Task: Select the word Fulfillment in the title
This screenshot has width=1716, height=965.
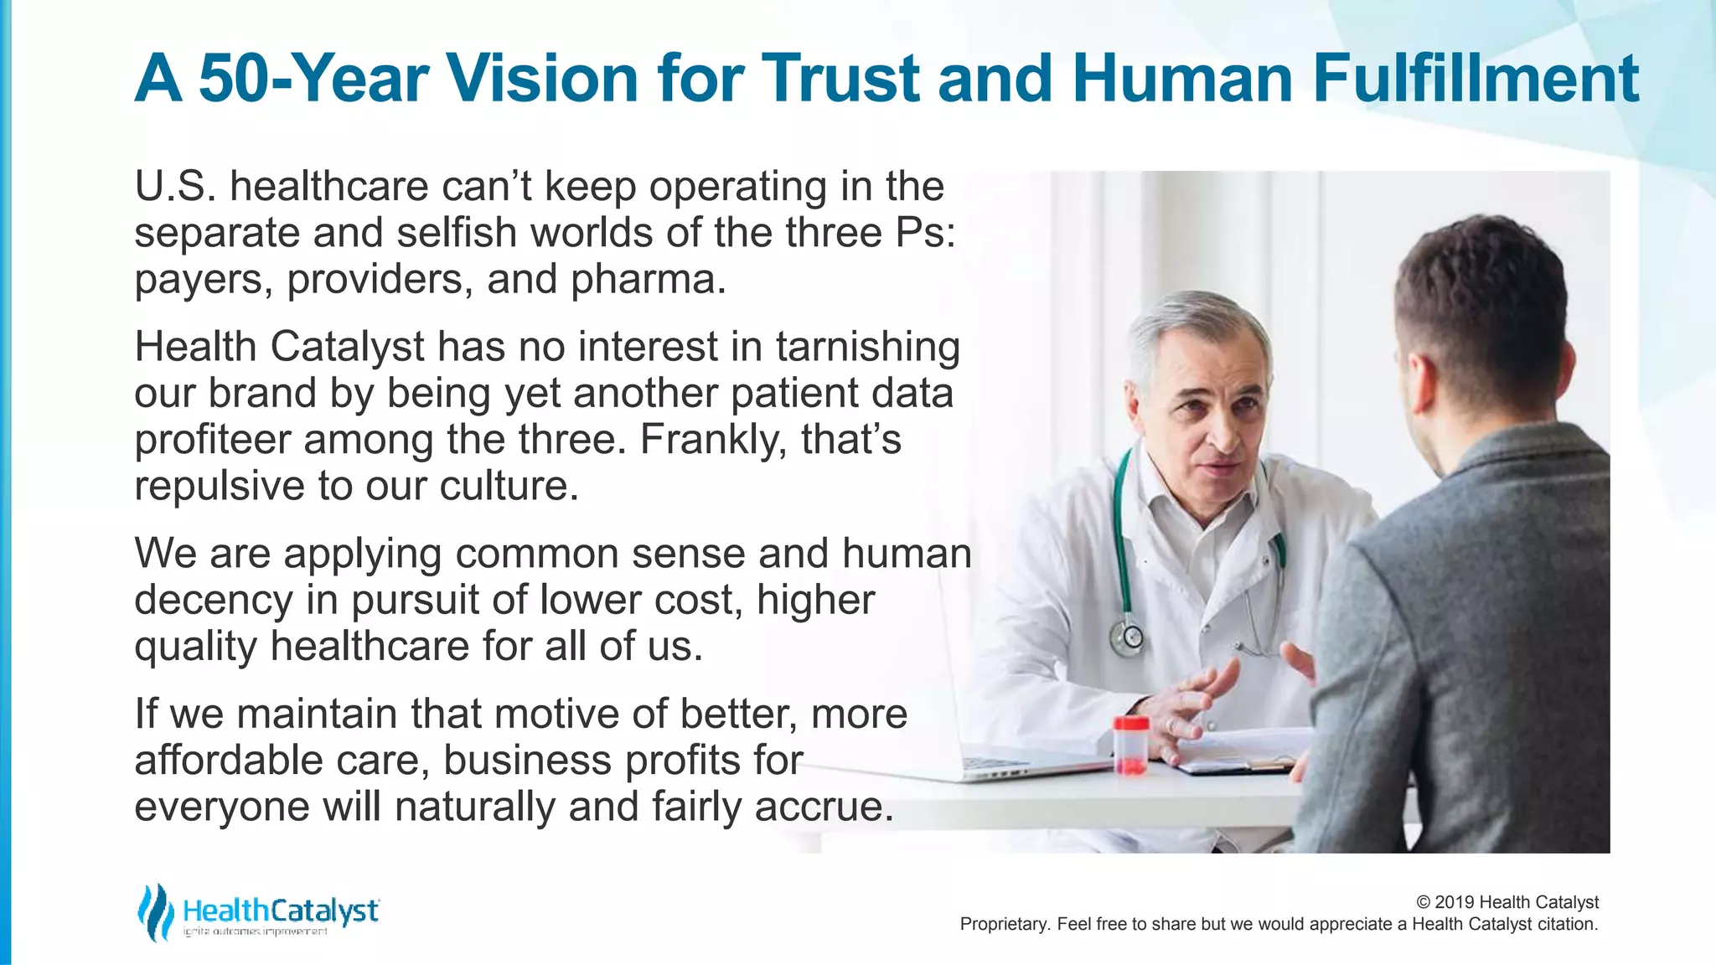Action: click(1476, 79)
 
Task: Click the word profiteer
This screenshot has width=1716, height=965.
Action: click(213, 441)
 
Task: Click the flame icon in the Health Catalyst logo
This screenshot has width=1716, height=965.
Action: click(155, 911)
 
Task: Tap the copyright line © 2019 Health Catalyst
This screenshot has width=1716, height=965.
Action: click(1507, 902)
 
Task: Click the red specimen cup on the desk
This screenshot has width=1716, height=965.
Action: click(1130, 745)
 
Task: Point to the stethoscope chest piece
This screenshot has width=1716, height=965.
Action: click(1128, 639)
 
